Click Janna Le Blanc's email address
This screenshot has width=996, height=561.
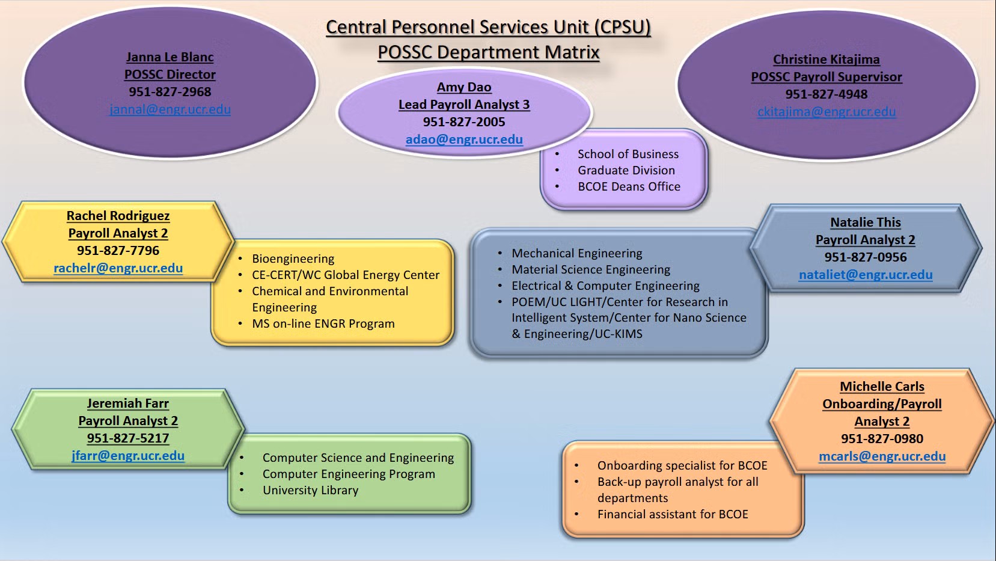[170, 109]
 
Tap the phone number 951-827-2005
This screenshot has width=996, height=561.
[464, 122]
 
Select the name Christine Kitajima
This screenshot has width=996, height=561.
[826, 60]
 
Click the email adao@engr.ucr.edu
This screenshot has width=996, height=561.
[464, 139]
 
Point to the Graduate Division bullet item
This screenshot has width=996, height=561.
[626, 171]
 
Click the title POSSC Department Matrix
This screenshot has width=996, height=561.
[488, 53]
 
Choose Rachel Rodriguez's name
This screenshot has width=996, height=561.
[118, 216]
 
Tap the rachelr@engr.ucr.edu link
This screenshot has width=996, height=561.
[118, 268]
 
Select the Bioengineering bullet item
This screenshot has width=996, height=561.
[293, 259]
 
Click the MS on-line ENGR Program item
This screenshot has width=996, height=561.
[323, 324]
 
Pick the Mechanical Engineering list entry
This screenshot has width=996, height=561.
[576, 254]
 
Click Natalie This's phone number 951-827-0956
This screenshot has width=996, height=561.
[866, 257]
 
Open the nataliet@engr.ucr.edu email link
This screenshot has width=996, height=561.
[866, 275]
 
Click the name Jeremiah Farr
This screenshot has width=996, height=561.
[127, 403]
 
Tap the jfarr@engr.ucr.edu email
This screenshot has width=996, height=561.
[127, 456]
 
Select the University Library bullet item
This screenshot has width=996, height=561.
[310, 491]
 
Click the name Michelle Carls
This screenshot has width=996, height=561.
[882, 387]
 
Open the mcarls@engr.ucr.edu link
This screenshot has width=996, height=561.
[882, 456]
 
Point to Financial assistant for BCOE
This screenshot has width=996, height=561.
[673, 515]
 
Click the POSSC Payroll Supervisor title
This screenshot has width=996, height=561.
[826, 77]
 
